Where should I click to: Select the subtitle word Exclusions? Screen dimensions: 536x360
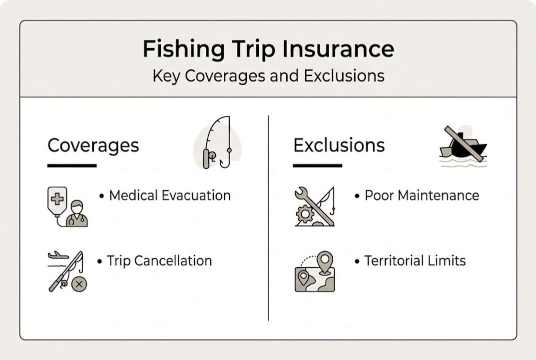tap(344, 75)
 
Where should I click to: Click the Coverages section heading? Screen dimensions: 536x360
tap(93, 146)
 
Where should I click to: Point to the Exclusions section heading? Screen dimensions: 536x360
tap(339, 145)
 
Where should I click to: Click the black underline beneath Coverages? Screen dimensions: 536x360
tap(72, 165)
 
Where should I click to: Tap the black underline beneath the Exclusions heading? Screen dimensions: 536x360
tap(318, 165)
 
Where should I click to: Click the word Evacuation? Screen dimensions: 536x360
tap(196, 195)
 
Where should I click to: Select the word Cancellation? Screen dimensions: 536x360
tap(173, 261)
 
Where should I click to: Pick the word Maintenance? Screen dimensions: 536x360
tap(439, 195)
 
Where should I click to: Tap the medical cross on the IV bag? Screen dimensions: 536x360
tap(57, 199)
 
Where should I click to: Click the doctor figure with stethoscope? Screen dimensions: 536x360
tap(77, 213)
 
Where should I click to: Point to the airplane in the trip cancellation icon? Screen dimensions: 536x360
tap(58, 255)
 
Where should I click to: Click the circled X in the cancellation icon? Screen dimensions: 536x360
tap(79, 284)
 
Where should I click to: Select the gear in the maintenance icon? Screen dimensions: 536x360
tap(305, 214)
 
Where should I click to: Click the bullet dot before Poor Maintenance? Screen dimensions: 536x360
tap(357, 196)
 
